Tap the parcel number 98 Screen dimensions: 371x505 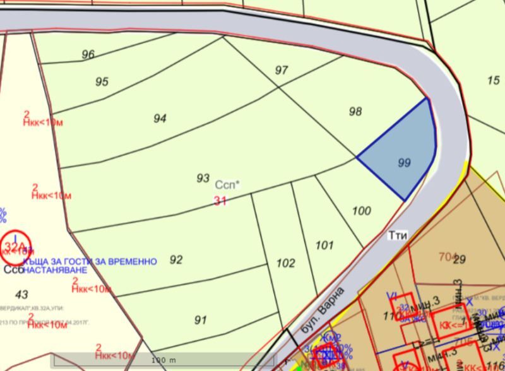pyautogui.click(x=355, y=112)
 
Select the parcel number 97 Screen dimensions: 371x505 pyautogui.click(x=282, y=70)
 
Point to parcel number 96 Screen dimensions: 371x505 pyautogui.click(x=88, y=54)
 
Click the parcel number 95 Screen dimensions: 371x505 pyautogui.click(x=102, y=82)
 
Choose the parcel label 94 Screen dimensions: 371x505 pyautogui.click(x=160, y=119)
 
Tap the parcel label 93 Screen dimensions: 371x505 pyautogui.click(x=203, y=179)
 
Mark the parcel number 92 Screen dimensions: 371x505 pyautogui.click(x=176, y=260)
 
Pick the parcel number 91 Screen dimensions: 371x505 pyautogui.click(x=200, y=321)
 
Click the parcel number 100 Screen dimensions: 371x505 pyautogui.click(x=362, y=211)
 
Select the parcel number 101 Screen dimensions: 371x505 pyautogui.click(x=324, y=245)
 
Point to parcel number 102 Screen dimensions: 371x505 pyautogui.click(x=286, y=263)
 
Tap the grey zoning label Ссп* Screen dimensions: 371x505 pyautogui.click(x=227, y=185)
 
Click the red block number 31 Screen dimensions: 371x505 pyautogui.click(x=220, y=201)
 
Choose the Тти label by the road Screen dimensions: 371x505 pyautogui.click(x=398, y=235)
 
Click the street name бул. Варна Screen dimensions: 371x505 pyautogui.click(x=323, y=310)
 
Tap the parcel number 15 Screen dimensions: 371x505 pyautogui.click(x=493, y=80)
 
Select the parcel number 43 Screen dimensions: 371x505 pyautogui.click(x=21, y=295)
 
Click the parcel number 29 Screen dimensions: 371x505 pyautogui.click(x=459, y=259)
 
